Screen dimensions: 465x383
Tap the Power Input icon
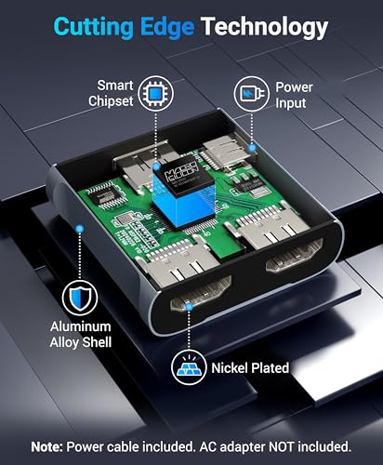[x=248, y=93]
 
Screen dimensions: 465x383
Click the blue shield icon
[x=74, y=300]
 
